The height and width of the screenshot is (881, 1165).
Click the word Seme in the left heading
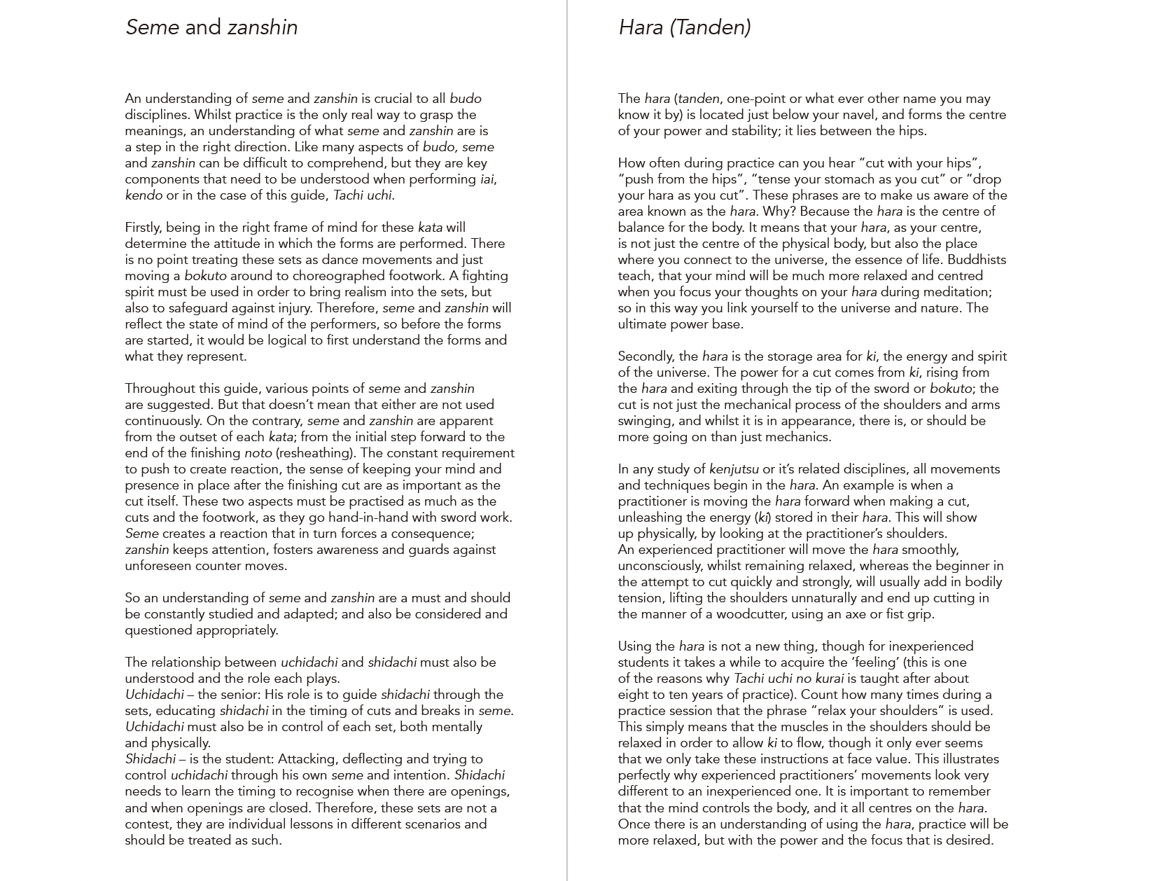pos(153,27)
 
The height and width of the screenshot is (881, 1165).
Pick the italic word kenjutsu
pos(734,469)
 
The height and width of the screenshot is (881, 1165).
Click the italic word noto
pos(258,453)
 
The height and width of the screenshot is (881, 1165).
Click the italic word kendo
pos(144,195)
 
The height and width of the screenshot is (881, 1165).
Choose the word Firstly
pos(146,228)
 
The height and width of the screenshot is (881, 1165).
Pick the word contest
pos(146,824)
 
